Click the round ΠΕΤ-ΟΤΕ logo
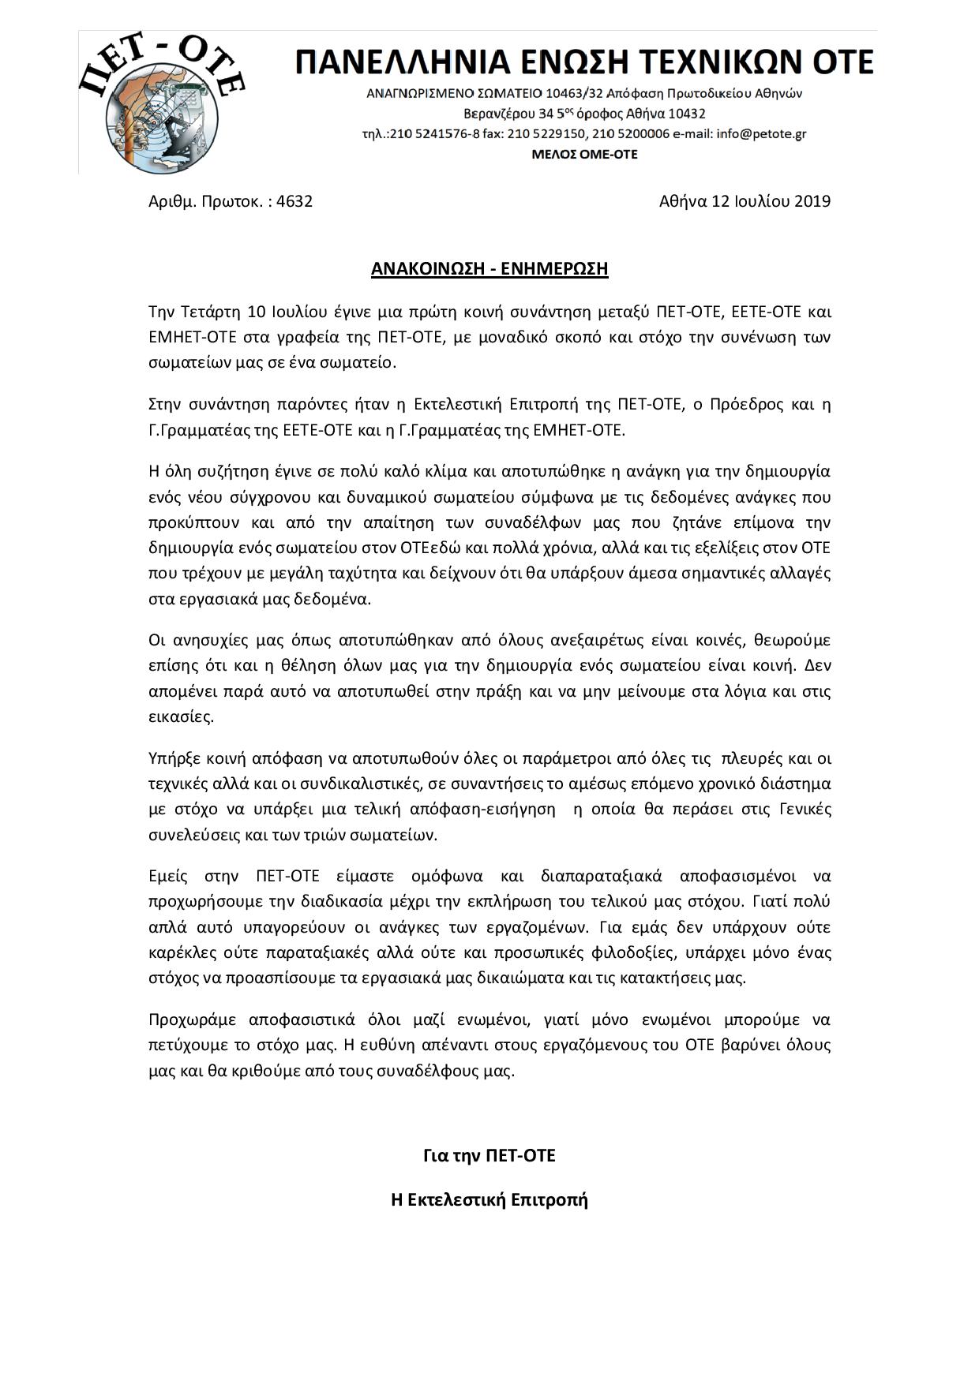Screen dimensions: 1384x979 point(162,103)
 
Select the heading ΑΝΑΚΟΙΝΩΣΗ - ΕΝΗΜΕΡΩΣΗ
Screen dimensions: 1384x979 point(489,269)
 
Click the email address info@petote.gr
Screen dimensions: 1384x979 point(761,134)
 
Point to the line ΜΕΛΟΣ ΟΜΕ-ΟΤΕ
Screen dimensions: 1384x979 point(584,155)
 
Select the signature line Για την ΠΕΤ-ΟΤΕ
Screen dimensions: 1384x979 point(489,1156)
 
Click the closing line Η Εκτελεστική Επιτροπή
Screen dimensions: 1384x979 point(489,1200)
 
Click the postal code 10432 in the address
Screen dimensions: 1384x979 point(685,114)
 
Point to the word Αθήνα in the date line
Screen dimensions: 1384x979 point(683,201)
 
